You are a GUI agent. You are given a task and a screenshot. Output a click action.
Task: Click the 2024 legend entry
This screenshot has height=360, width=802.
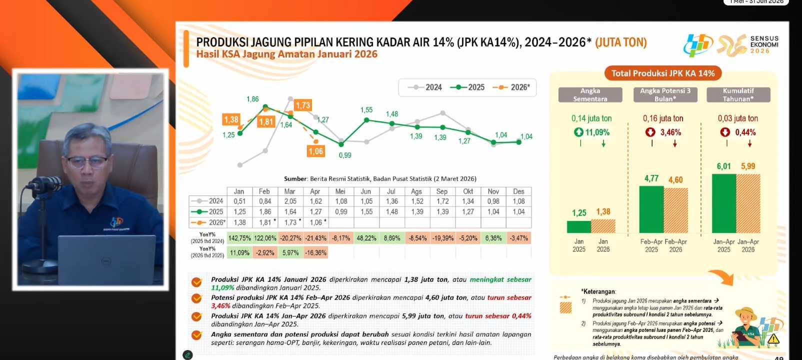tap(425, 87)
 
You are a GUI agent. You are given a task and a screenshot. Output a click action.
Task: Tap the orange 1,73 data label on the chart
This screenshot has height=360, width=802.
tap(302, 105)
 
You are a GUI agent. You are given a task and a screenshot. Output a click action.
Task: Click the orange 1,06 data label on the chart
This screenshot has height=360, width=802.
tap(315, 151)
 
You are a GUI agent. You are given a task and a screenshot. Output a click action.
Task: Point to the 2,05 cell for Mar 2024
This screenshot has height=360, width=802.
tap(290, 201)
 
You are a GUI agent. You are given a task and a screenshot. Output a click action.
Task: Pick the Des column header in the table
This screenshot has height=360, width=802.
tap(518, 191)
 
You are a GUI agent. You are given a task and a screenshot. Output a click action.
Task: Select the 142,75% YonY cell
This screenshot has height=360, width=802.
tap(239, 238)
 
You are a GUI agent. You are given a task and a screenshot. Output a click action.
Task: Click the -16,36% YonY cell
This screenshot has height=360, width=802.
tap(315, 252)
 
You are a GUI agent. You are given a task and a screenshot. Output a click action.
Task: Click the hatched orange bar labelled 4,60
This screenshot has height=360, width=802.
tap(675, 210)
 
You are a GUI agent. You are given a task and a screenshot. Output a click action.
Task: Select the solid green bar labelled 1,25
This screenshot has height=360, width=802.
tap(579, 226)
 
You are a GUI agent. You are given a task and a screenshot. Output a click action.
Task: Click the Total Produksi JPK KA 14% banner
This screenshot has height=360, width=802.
tap(663, 73)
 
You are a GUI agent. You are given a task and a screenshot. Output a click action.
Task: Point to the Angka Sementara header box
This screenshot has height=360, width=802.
tap(590, 94)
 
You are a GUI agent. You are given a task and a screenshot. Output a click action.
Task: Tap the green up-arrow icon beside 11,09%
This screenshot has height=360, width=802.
tap(578, 132)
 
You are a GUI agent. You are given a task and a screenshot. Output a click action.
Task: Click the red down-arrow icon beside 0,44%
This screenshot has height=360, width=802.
tap(725, 132)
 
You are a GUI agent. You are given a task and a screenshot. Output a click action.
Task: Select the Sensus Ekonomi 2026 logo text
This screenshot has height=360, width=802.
tap(763, 44)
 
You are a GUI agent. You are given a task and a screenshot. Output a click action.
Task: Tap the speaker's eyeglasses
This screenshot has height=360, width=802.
tap(87, 162)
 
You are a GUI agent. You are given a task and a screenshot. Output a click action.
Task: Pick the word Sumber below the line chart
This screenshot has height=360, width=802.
tap(295, 178)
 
